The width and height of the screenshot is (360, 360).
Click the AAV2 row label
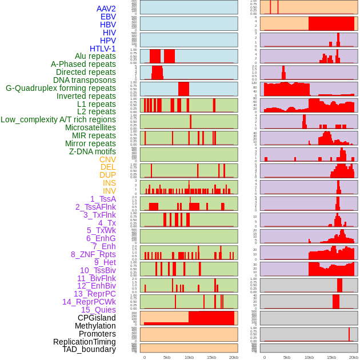click(x=106, y=9)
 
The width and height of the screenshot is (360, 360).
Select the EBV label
click(x=108, y=17)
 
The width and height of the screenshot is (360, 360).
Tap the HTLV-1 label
click(x=102, y=49)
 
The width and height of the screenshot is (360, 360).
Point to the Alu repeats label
click(x=95, y=56)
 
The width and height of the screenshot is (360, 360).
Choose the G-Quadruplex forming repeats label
click(x=61, y=88)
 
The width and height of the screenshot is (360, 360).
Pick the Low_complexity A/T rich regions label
click(x=58, y=119)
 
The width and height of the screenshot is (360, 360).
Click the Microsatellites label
click(x=90, y=127)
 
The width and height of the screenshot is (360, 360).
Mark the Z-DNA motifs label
click(x=93, y=151)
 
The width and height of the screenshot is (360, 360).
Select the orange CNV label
click(x=107, y=159)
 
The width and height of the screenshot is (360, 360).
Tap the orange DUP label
click(x=107, y=175)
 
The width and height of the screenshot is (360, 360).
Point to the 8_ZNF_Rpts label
click(x=93, y=254)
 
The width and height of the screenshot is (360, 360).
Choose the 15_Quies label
click(x=98, y=310)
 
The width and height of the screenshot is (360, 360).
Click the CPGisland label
click(x=97, y=318)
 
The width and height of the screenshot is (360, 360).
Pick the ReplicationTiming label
click(x=84, y=342)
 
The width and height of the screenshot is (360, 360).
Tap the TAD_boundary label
click(x=89, y=349)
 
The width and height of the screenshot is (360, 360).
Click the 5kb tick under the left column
click(x=167, y=357)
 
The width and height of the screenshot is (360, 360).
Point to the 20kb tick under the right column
click(x=354, y=357)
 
